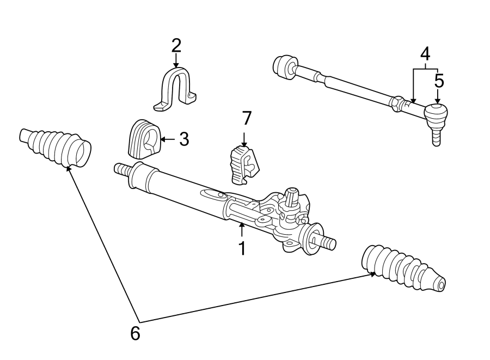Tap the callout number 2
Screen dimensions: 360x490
coord(176,45)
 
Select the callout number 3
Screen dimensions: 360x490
coord(184,139)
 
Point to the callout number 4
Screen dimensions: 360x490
coord(425,54)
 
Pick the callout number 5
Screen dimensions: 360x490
coord(439,81)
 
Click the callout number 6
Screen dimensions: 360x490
coord(135,333)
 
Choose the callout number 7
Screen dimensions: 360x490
coord(247,118)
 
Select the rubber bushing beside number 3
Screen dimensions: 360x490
coord(143,140)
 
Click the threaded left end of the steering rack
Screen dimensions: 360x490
coord(121,169)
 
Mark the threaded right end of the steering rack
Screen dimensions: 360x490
coord(326,241)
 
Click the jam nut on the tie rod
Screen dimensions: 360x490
coord(398,102)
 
